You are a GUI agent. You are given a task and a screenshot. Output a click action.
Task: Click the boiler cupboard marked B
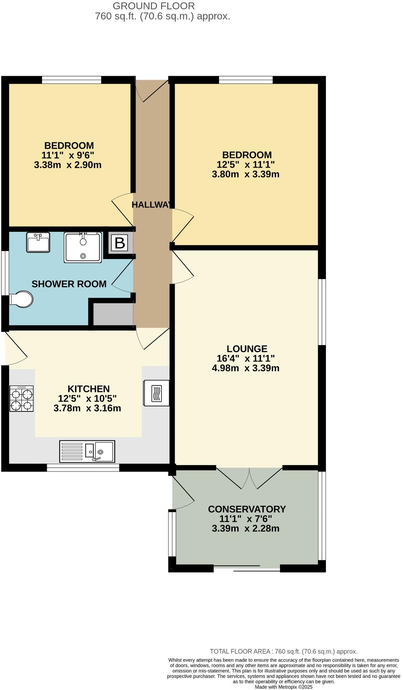click(x=120, y=243)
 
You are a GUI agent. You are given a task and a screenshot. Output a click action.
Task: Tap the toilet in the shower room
click(x=22, y=299)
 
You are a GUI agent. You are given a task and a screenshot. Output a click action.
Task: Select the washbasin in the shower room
click(x=38, y=242)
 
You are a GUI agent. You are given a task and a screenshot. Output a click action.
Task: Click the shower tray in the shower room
click(x=83, y=247)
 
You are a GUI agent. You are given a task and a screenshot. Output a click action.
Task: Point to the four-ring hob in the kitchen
click(x=22, y=399)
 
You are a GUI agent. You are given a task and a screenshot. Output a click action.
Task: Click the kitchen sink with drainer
click(x=87, y=452)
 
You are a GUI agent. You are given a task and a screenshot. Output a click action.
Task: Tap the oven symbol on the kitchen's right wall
click(x=156, y=393)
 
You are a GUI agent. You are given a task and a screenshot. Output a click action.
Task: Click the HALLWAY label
click(x=152, y=205)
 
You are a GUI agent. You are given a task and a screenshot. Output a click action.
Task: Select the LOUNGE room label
click(x=247, y=349)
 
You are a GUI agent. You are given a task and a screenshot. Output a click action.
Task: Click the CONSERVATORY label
click(x=247, y=509)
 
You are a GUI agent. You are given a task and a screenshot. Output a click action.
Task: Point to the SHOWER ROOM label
click(x=69, y=284)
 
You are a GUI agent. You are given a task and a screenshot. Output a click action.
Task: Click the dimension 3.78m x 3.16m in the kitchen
click(x=87, y=408)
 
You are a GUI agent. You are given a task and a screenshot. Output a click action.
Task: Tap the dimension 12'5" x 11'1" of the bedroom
click(x=246, y=164)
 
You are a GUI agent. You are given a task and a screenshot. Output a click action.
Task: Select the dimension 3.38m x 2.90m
click(x=68, y=165)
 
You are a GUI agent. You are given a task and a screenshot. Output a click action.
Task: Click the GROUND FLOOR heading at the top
click(x=154, y=6)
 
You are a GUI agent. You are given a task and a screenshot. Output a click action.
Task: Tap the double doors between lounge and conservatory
click(x=249, y=478)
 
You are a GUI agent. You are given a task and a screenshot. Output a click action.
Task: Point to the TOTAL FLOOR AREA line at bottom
click(x=283, y=651)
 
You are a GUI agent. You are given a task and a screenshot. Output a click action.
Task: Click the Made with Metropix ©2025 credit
click(x=283, y=687)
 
